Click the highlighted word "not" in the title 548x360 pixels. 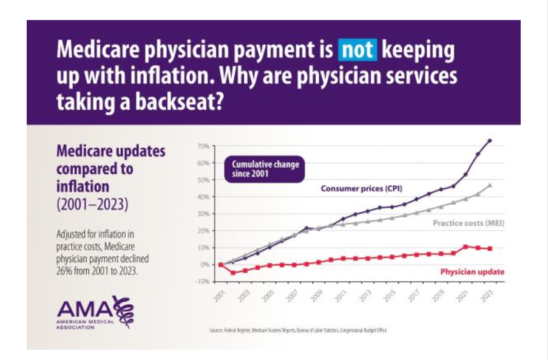pos(357,52)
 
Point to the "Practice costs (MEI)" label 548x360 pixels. pos(469,223)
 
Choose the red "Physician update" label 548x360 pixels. pos(472,272)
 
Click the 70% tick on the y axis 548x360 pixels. pos(203,146)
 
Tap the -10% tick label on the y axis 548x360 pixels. pos(202,282)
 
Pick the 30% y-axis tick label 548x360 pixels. pos(203,214)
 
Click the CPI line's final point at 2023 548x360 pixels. pos(490,140)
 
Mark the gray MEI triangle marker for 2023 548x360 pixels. pos(490,185)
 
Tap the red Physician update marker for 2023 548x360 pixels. pos(490,248)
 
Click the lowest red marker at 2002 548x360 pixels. pos(232,273)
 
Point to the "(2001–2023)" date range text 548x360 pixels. pos(92,203)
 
